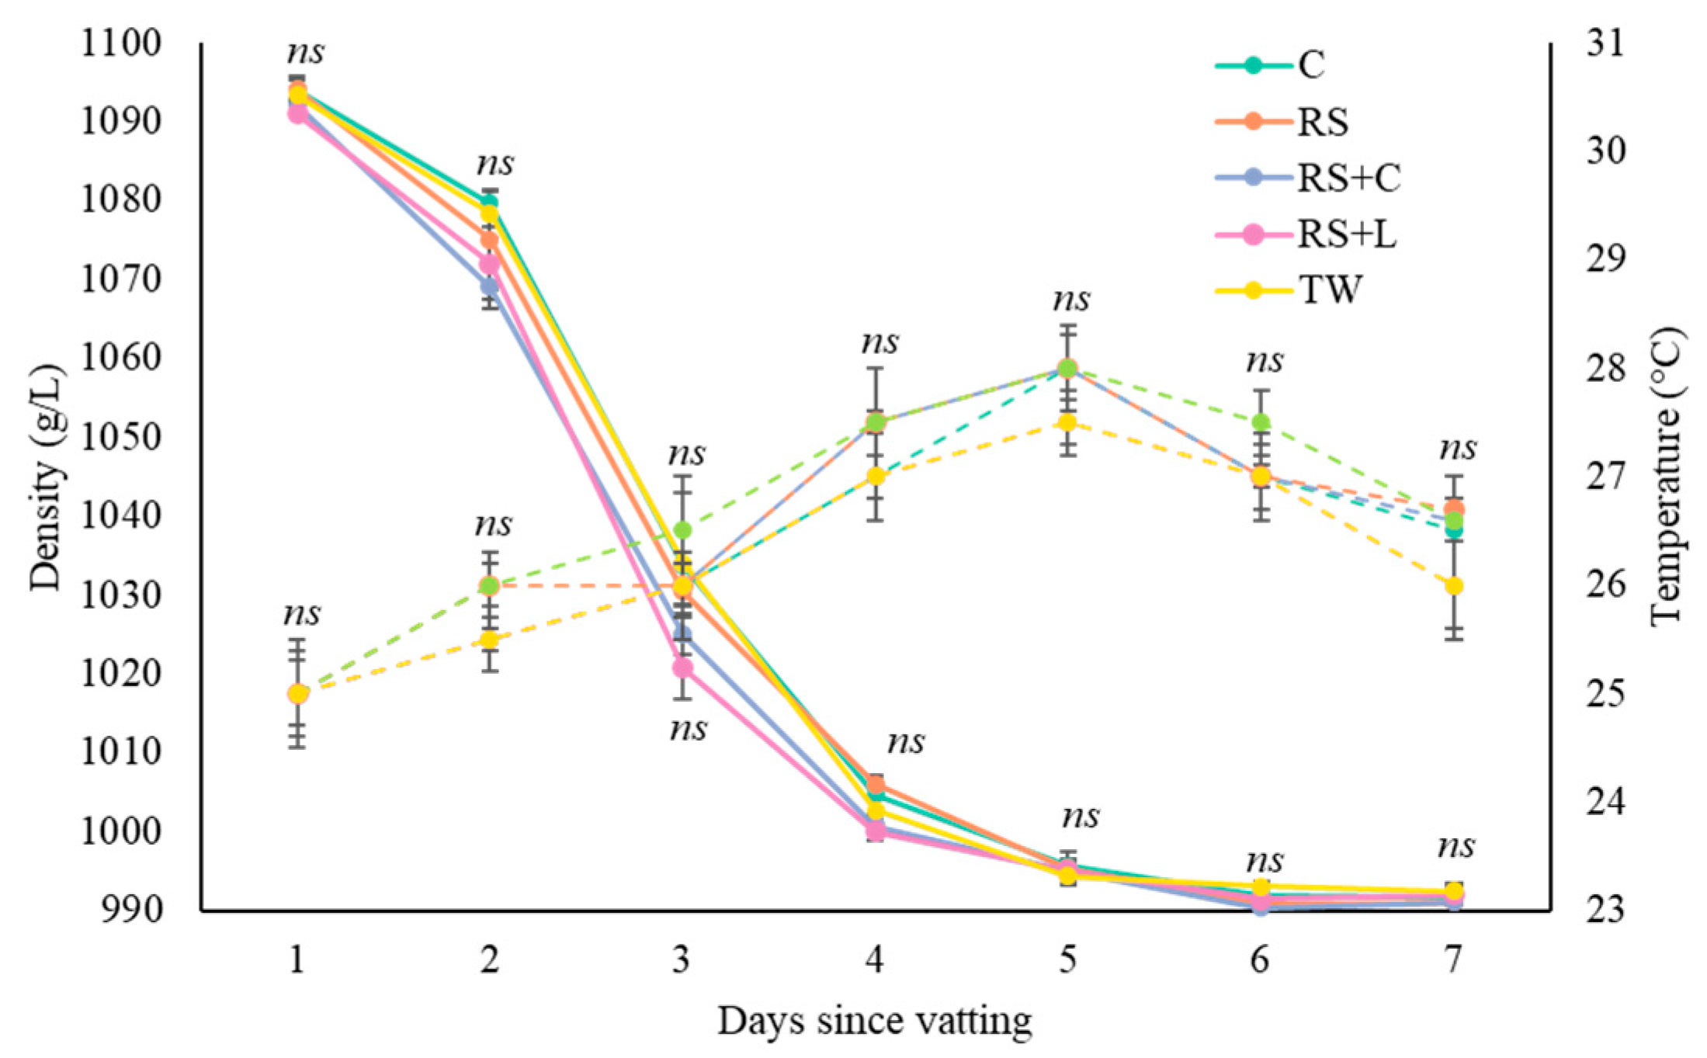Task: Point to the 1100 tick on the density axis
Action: (x=121, y=43)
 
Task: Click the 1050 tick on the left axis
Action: (x=121, y=437)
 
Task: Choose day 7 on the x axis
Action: (x=1453, y=961)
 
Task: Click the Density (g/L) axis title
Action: (x=45, y=477)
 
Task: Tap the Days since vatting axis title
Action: (x=874, y=1022)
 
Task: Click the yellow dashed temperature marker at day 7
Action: (x=1454, y=585)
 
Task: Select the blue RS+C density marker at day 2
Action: (x=489, y=286)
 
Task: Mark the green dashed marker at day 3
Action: (x=682, y=531)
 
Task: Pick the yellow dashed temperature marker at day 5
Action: (x=1067, y=422)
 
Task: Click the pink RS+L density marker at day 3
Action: (x=682, y=668)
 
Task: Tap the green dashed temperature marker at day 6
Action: (x=1261, y=422)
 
